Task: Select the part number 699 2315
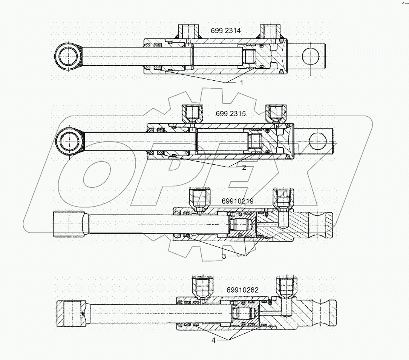231,114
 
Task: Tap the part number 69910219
237,201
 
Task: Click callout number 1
242,82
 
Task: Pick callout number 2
244,168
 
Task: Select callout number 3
224,256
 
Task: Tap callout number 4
213,341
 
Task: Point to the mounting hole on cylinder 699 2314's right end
310,56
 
